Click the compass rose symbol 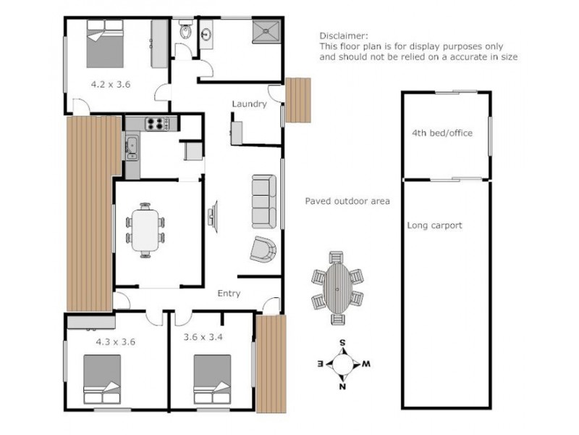click(x=344, y=363)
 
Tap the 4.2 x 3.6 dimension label click(x=110, y=84)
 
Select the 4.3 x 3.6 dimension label click(x=116, y=340)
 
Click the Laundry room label click(x=249, y=104)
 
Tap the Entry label click(x=229, y=294)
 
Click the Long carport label click(x=434, y=225)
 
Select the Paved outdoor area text click(x=347, y=201)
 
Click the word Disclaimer click(x=344, y=35)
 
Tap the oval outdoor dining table click(x=337, y=287)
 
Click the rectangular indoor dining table click(x=145, y=230)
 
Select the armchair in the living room click(x=263, y=249)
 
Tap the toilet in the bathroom click(x=185, y=32)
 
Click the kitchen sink click(x=132, y=146)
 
